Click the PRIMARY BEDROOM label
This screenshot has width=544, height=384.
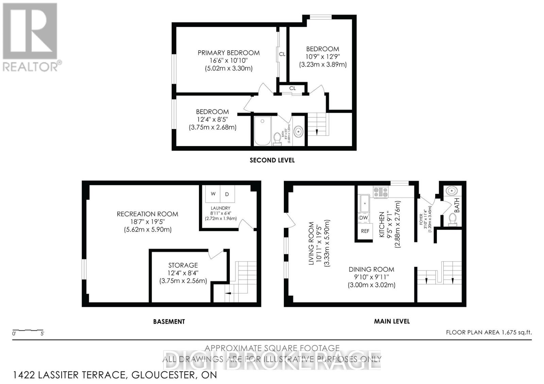[228, 53]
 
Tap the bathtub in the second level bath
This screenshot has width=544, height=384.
[262, 131]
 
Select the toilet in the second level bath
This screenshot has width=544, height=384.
[277, 139]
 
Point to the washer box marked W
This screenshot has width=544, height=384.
[213, 194]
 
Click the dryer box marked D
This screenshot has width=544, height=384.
[227, 194]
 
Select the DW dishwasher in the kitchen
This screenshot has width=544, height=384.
[363, 218]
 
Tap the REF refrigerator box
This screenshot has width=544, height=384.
[365, 231]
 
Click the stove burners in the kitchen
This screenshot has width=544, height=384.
[380, 193]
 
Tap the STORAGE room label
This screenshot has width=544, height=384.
[183, 265]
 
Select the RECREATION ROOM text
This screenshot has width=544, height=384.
[147, 214]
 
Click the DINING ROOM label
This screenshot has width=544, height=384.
[371, 269]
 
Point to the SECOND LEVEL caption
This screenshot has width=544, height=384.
[272, 160]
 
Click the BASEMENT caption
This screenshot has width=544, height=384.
[169, 321]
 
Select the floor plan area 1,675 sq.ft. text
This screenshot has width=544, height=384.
[489, 332]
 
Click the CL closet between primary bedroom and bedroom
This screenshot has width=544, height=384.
[282, 54]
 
